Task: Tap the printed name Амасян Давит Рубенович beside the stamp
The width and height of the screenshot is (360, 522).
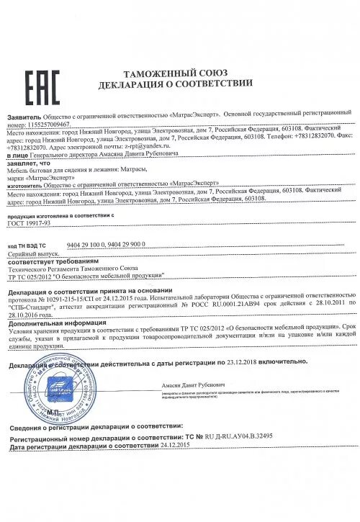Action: pyautogui.click(x=188, y=386)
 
